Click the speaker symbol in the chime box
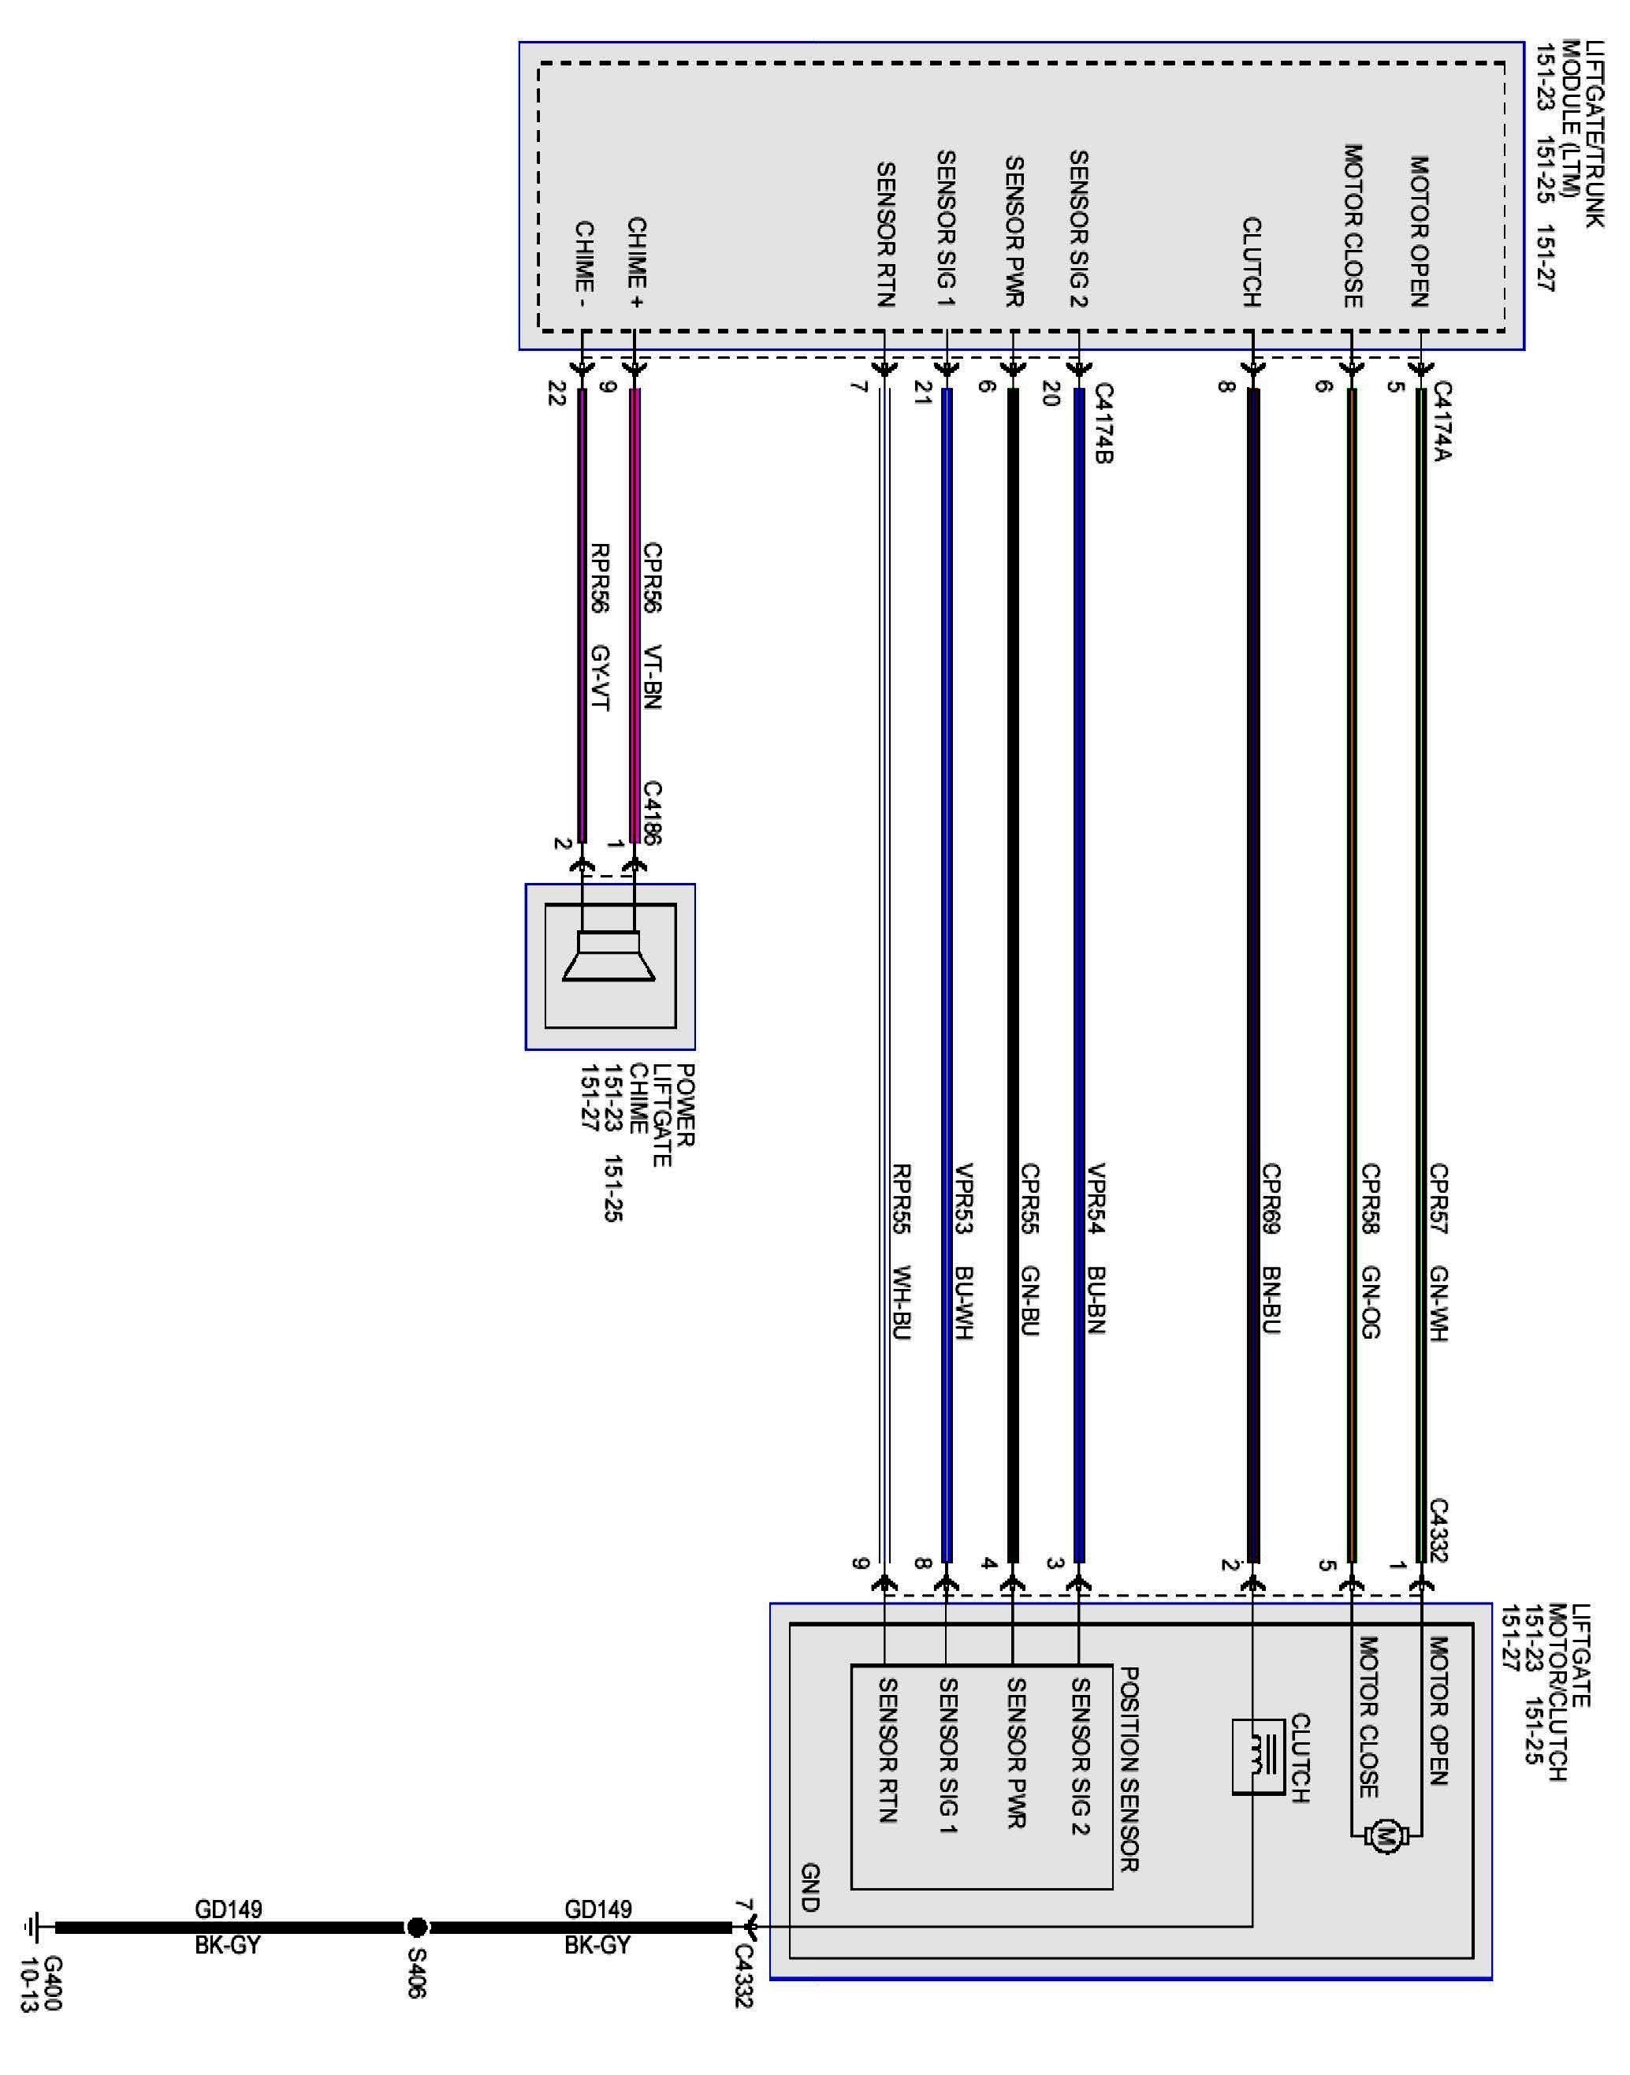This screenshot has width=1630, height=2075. point(608,956)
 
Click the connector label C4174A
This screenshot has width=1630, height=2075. point(1442,421)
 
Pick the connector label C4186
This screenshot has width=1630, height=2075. point(653,812)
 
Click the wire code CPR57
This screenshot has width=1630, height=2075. point(1438,1198)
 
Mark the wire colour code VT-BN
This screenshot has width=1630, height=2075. point(653,678)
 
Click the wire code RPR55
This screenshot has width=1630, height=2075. point(901,1198)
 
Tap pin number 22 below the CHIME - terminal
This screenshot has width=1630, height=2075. point(557,393)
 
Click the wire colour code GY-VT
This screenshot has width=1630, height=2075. point(601,678)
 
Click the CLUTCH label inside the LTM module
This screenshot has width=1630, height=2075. point(1252,263)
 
